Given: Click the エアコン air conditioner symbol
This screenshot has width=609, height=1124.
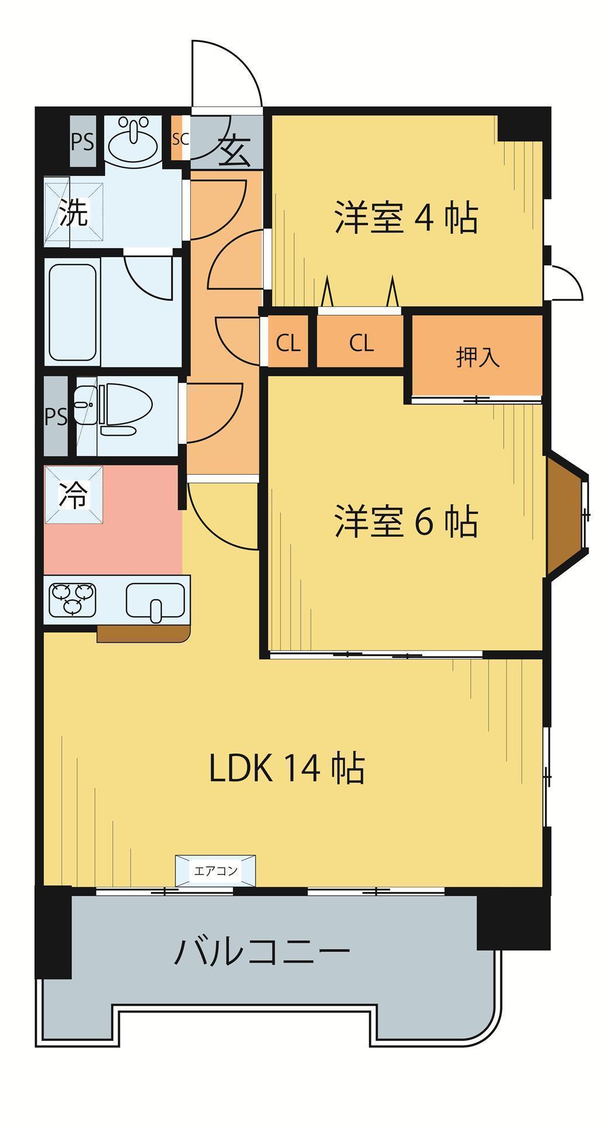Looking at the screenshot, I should click(x=215, y=871).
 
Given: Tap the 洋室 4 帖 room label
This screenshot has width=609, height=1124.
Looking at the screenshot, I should click(x=405, y=218).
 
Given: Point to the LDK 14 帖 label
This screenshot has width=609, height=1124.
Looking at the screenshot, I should click(x=287, y=768).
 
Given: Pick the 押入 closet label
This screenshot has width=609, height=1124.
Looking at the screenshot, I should click(x=478, y=357).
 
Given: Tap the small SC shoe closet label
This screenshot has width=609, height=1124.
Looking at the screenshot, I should click(x=180, y=139).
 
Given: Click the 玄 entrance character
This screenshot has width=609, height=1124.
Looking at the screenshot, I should click(x=235, y=152).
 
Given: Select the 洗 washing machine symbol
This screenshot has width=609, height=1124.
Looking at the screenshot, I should click(x=74, y=213).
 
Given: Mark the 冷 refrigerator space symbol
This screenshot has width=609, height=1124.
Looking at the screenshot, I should click(x=74, y=495).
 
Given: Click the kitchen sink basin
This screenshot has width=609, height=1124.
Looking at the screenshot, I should click(x=154, y=601).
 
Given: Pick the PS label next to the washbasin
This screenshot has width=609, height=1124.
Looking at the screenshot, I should click(x=82, y=142).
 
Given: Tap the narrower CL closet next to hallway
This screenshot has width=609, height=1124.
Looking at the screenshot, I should click(x=288, y=343).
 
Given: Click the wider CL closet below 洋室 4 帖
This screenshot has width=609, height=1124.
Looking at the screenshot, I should click(x=361, y=342).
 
